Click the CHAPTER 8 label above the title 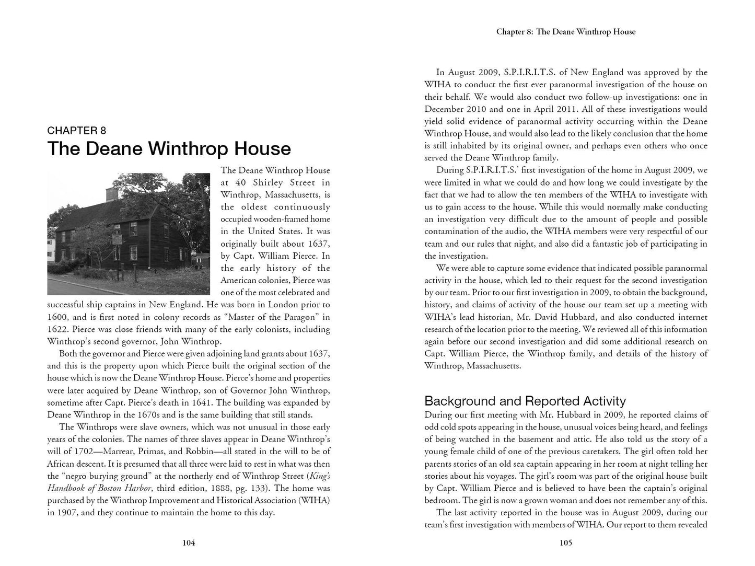point(76,131)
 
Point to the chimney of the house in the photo point(111,193)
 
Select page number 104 point(189,542)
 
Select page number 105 point(566,542)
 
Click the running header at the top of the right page point(566,32)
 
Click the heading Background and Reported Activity point(525,401)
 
